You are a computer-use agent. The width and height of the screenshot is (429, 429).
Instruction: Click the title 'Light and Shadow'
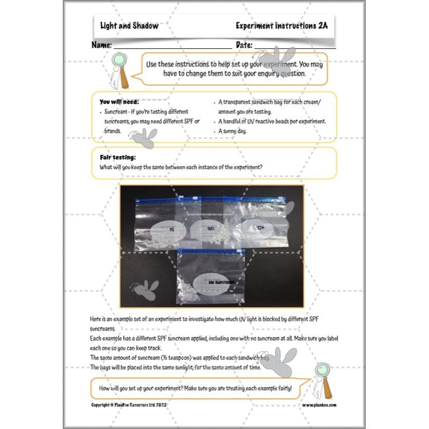pyautogui.click(x=129, y=26)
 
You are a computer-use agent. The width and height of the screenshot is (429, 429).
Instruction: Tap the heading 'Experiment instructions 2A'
pyautogui.click(x=282, y=26)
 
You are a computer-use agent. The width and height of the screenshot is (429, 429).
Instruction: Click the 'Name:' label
pyautogui.click(x=101, y=45)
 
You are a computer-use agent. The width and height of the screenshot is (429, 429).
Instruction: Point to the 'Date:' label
pyautogui.click(x=243, y=45)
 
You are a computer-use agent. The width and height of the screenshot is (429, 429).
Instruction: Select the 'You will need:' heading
pyautogui.click(x=119, y=101)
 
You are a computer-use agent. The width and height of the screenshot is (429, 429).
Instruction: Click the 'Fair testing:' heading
pyautogui.click(x=117, y=157)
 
